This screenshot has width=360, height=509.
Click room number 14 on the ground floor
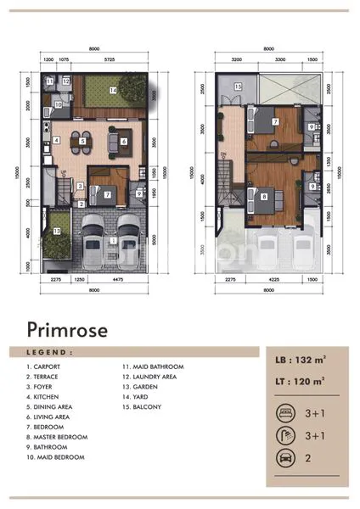click(x=112, y=90)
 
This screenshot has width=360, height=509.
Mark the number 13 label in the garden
click(x=57, y=230)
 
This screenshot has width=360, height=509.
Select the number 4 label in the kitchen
click(x=55, y=140)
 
